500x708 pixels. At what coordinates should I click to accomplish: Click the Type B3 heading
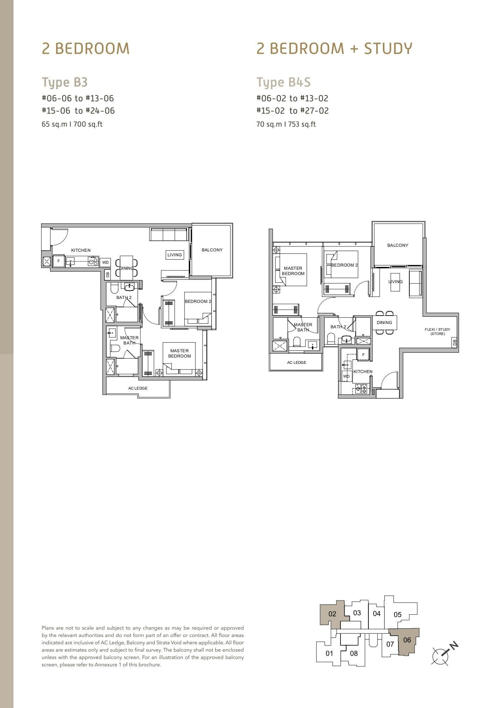tap(65, 82)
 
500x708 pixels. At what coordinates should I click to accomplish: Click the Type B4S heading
tap(283, 82)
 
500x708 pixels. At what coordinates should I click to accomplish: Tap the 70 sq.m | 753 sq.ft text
tap(286, 124)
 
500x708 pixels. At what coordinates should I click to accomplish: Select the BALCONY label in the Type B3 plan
tap(212, 250)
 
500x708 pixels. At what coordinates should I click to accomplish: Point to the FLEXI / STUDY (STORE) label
tap(437, 331)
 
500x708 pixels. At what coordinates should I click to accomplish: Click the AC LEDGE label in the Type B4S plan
tap(296, 362)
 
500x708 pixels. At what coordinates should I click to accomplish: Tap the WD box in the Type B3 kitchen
tap(105, 262)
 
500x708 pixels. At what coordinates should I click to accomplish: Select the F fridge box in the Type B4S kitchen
tap(363, 355)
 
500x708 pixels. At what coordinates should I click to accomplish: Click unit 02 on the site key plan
tap(332, 614)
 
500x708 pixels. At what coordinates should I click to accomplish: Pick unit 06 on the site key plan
tap(407, 640)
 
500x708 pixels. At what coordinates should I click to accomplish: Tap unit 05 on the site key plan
tap(397, 615)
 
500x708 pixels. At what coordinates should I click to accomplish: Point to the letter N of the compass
tap(454, 645)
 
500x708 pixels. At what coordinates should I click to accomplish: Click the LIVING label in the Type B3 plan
tap(175, 255)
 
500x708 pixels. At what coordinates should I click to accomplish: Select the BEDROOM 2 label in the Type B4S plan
tap(344, 265)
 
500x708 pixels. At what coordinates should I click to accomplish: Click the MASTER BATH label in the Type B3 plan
tap(129, 340)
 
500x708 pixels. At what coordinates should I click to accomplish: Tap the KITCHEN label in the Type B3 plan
tap(81, 250)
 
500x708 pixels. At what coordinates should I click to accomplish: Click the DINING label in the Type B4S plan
tap(384, 323)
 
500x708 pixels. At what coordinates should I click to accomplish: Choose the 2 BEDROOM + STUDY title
tap(334, 48)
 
